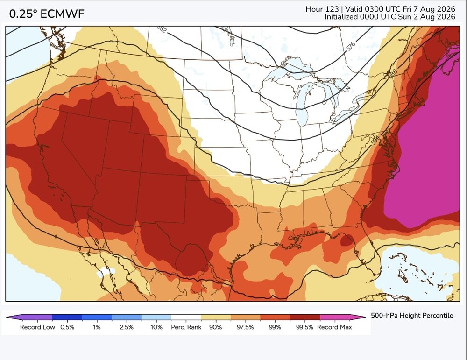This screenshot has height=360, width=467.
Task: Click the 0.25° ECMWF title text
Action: [47, 14]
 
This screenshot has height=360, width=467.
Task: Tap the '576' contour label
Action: [351, 46]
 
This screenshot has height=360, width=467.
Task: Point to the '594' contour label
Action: [376, 140]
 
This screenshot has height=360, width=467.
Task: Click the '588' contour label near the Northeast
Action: [393, 73]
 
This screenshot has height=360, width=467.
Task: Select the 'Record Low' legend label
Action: [37, 327]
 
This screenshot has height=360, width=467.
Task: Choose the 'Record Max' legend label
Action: [334, 327]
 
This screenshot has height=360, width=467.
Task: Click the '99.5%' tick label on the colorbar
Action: [304, 327]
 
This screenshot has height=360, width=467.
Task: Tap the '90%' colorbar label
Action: [215, 327]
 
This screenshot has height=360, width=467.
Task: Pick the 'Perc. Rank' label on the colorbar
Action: [186, 327]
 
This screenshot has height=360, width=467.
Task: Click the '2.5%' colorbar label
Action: [127, 327]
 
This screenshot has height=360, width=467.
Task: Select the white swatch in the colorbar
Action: [186, 317]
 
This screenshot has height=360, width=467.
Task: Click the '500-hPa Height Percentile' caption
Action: [412, 315]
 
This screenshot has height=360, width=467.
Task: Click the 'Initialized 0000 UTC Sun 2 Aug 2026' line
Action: [390, 17]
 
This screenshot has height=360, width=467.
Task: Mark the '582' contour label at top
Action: [162, 29]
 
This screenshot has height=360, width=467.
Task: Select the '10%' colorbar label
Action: [156, 327]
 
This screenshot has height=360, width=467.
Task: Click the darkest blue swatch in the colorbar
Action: [67, 317]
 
